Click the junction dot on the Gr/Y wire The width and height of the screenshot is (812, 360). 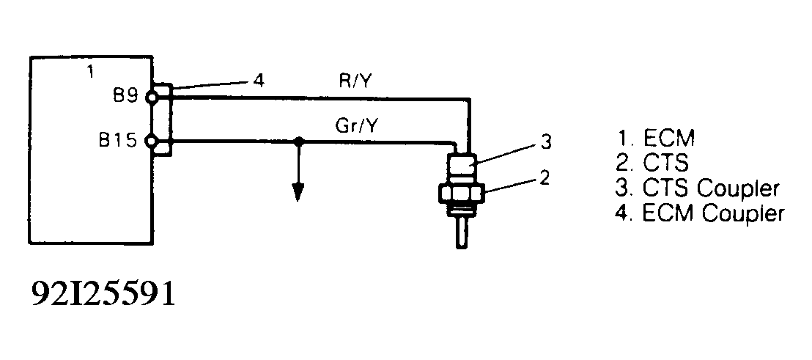point(298,141)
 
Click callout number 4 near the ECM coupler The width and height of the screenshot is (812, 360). point(256,80)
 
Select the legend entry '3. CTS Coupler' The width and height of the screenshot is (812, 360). point(695,188)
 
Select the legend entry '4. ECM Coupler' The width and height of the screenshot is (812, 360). point(699,213)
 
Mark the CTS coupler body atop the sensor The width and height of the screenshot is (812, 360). point(462,166)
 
